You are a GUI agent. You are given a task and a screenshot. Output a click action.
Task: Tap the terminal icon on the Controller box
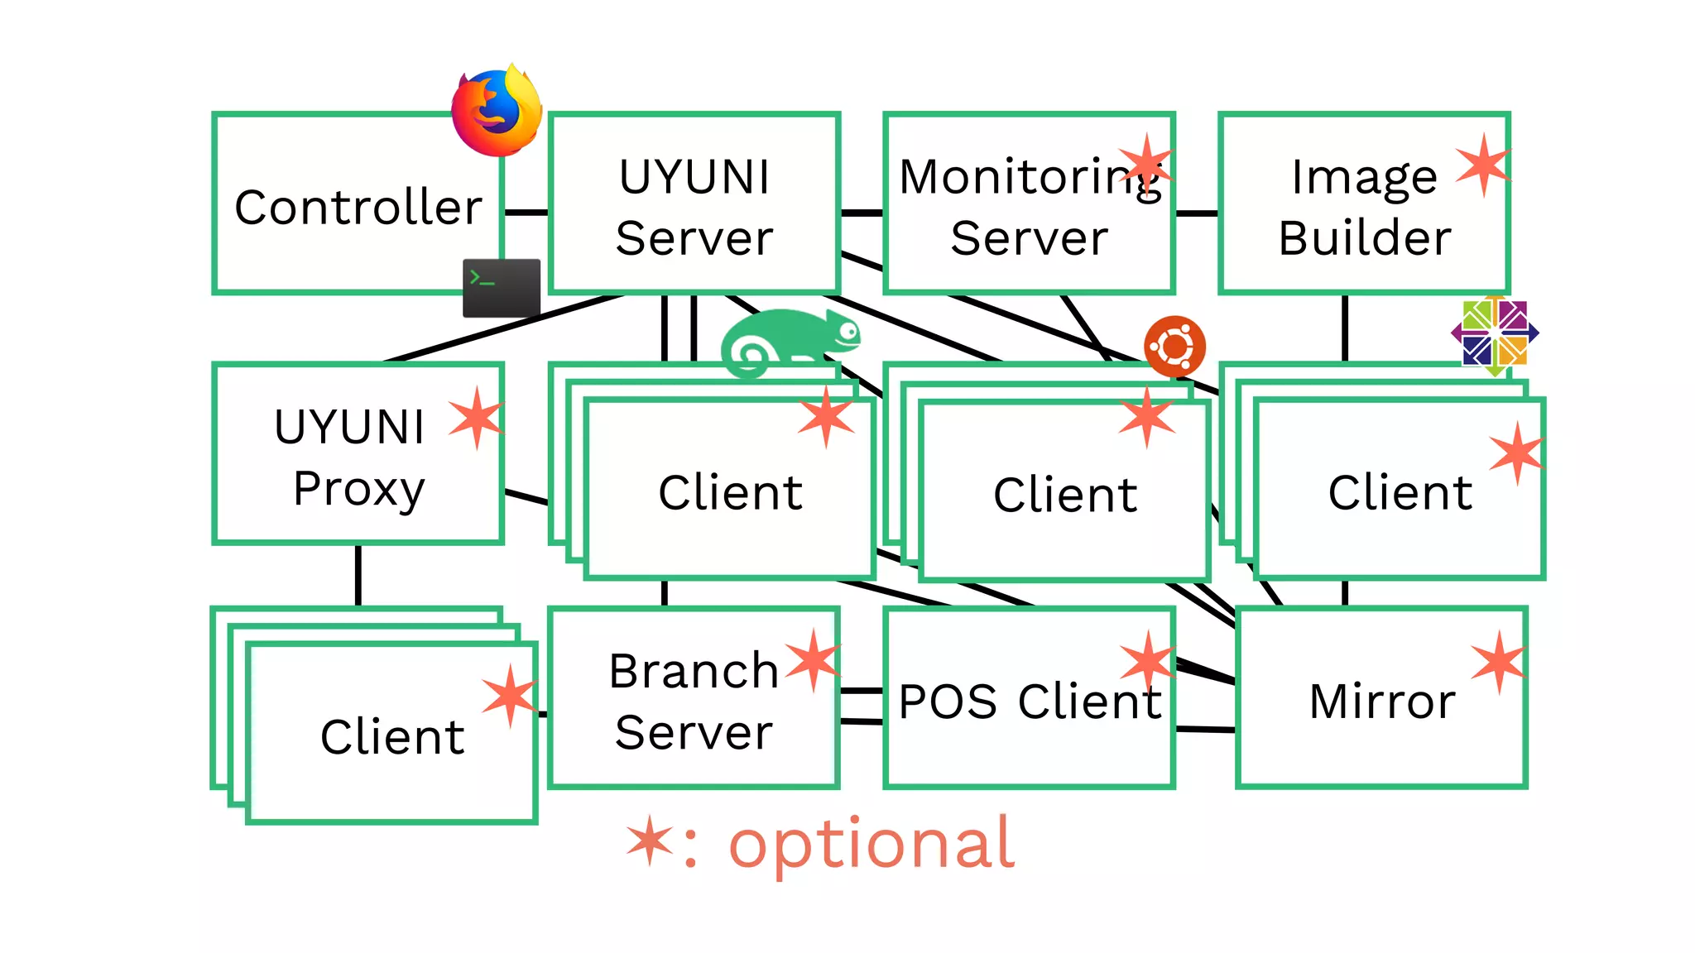tap(501, 288)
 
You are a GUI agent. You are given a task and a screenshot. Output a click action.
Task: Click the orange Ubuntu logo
tap(1174, 346)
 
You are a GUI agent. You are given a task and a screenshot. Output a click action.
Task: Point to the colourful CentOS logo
tap(1495, 334)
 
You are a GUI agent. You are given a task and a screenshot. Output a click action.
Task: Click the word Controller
tap(358, 207)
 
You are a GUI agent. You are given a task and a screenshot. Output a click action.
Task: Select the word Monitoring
tap(1029, 177)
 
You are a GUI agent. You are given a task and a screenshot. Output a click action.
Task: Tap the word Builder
tap(1364, 238)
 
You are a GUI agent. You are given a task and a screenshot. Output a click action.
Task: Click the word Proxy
tap(358, 488)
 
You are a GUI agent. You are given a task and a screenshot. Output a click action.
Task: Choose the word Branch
tap(694, 671)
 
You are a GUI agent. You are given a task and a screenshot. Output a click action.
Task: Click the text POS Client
tap(1030, 702)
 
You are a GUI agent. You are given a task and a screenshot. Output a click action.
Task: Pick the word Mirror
tap(1381, 702)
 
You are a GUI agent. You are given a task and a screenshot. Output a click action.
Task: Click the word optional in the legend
tap(871, 844)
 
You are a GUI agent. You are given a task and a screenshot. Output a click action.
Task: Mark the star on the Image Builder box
tap(1482, 165)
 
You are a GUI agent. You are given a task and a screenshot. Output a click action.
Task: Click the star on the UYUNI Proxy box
tap(477, 418)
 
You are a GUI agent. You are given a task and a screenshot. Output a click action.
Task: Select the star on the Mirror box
tap(1499, 663)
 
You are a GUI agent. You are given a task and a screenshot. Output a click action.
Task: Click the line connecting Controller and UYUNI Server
tap(526, 213)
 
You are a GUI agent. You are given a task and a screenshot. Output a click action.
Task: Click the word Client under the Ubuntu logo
tap(1065, 495)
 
